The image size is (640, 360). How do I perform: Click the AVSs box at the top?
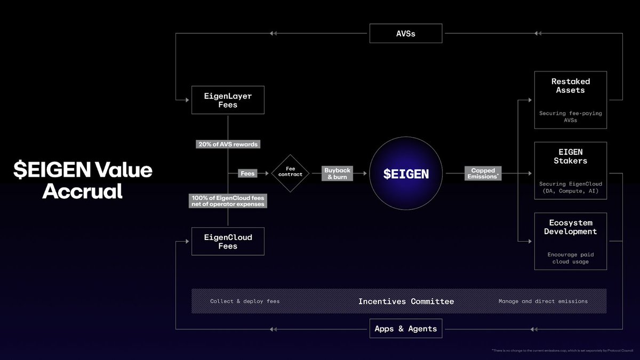click(x=406, y=34)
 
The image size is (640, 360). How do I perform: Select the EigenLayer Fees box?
click(x=228, y=100)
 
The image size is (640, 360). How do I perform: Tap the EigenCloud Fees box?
click(x=228, y=241)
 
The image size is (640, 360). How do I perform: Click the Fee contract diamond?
click(x=290, y=173)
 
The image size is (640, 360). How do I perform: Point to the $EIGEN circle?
click(x=406, y=173)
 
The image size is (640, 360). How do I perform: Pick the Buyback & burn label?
click(x=337, y=173)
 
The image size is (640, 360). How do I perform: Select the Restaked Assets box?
click(x=570, y=100)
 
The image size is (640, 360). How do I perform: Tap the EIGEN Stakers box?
click(x=570, y=170)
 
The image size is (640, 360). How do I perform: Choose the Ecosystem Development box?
click(x=570, y=241)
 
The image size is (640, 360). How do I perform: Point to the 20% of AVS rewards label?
click(x=228, y=144)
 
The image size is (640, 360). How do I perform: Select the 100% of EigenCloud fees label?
click(x=228, y=201)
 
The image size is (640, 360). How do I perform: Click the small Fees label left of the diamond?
click(x=247, y=173)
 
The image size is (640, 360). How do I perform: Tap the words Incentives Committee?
click(x=406, y=301)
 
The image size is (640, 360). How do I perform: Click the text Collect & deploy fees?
click(x=244, y=301)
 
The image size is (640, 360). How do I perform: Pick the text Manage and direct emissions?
click(x=543, y=301)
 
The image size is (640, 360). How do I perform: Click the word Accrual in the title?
click(x=83, y=191)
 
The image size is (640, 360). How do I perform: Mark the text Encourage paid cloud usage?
click(x=570, y=258)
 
